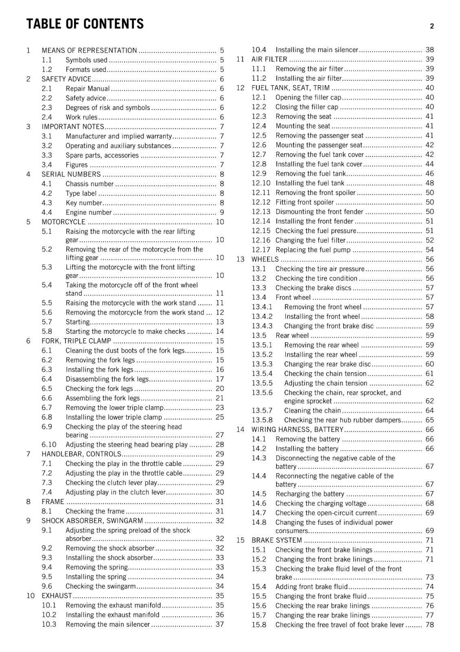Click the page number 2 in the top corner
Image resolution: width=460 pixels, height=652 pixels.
[432, 26]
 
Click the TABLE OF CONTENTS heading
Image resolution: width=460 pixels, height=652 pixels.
[85, 24]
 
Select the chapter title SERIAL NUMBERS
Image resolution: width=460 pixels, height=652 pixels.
[71, 174]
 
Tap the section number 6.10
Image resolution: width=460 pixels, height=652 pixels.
[49, 445]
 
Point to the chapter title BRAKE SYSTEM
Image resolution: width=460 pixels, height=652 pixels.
[276, 540]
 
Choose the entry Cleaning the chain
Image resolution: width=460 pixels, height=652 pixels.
[312, 410]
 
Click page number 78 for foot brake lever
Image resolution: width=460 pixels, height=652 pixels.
[429, 625]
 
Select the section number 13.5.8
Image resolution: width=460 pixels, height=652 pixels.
[262, 420]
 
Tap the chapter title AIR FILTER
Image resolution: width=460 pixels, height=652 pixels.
[269, 59]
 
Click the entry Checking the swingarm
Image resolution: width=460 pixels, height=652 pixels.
[100, 586]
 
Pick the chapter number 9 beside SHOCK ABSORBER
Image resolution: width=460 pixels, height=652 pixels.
[28, 521]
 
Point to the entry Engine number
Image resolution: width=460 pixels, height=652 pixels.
[88, 212]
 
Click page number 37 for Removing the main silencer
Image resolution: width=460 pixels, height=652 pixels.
[219, 624]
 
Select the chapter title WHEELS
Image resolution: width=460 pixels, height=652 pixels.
[265, 260]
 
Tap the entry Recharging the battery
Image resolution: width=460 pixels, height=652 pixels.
[309, 494]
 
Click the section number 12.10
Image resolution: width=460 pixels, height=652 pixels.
[261, 183]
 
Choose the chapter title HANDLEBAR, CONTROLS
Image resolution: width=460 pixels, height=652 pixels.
[81, 454]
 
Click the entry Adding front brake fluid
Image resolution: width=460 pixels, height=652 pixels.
[311, 587]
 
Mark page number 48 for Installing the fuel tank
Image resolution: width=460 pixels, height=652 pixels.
[429, 183]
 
